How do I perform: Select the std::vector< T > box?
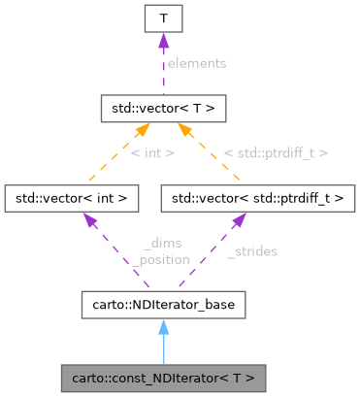click(x=162, y=107)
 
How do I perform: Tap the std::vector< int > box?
click(x=72, y=198)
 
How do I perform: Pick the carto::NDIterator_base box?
click(x=162, y=304)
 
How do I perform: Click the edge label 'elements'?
click(x=196, y=63)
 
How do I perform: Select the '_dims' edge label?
click(x=161, y=245)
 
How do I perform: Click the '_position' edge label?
click(x=161, y=259)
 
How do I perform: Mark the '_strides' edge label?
click(x=252, y=251)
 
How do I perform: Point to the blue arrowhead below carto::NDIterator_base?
click(x=162, y=328)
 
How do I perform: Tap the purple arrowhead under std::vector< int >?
click(x=90, y=222)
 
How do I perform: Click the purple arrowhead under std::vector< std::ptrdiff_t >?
click(x=236, y=222)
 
